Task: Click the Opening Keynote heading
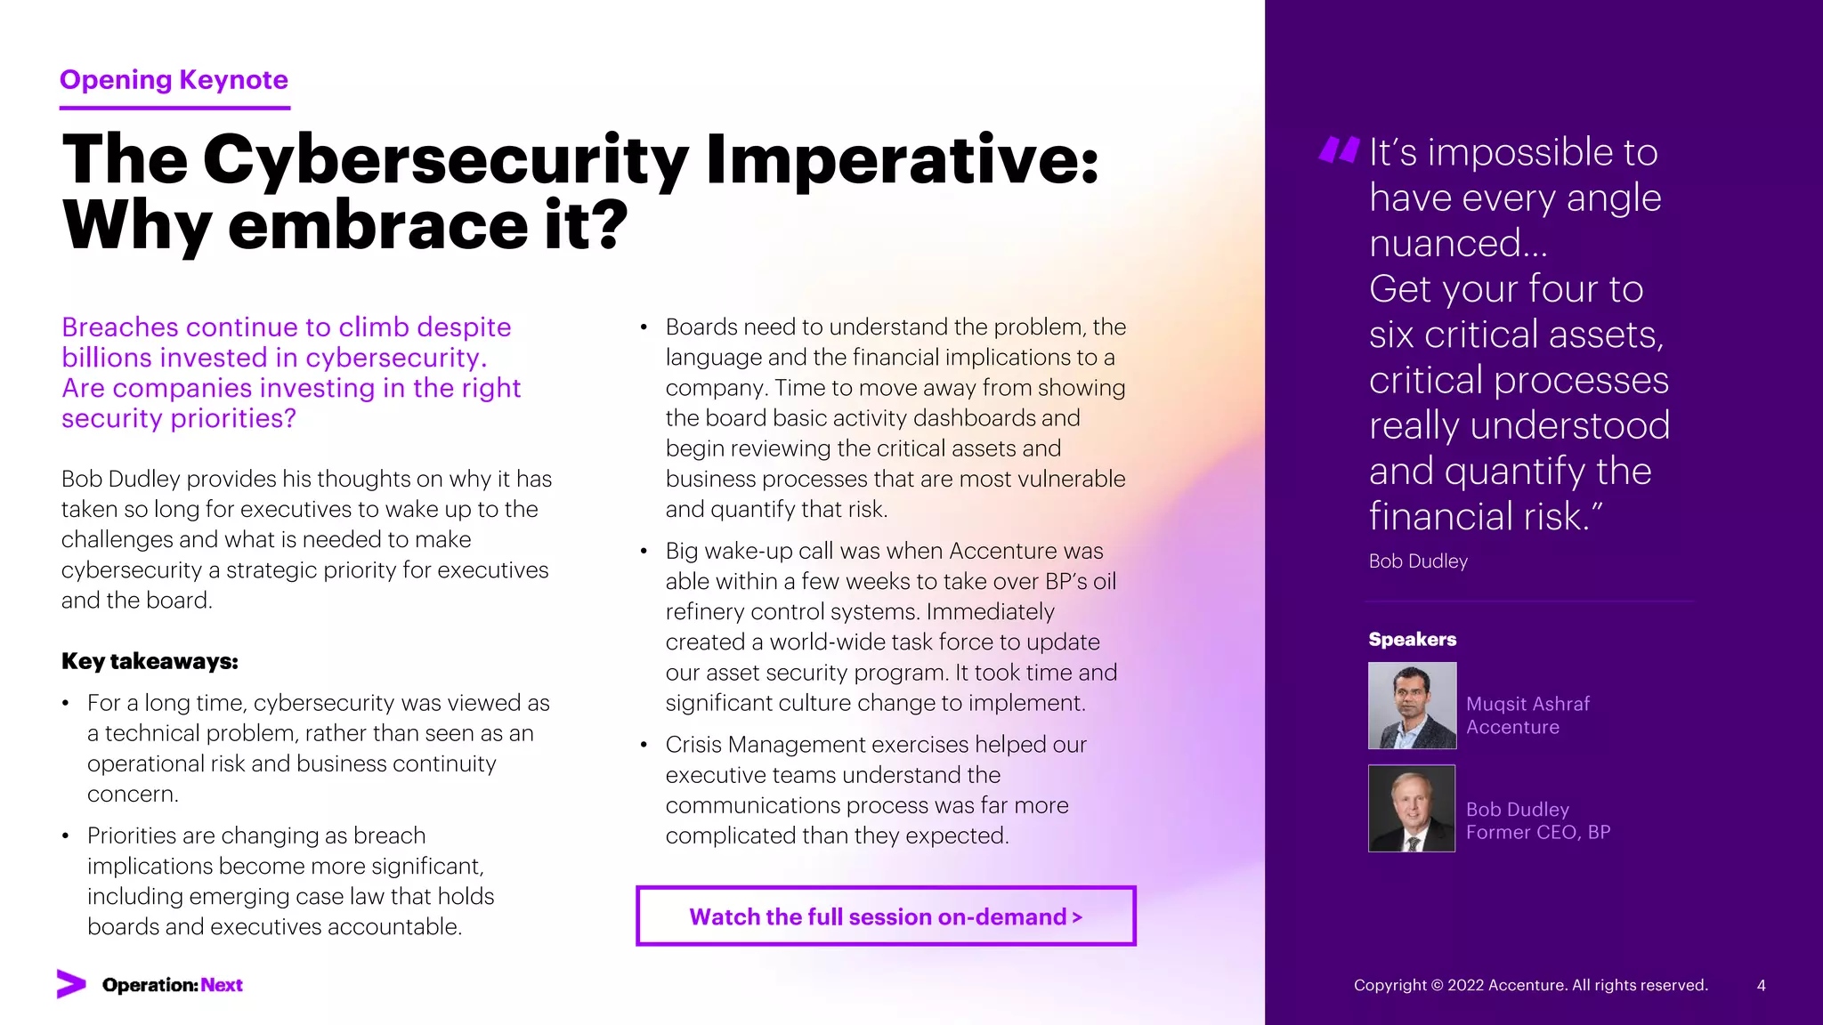[174, 80]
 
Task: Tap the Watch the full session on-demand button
[886, 916]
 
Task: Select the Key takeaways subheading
[150, 661]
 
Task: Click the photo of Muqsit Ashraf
[1412, 706]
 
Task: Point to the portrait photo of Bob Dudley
[1412, 809]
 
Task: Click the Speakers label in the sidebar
[1412, 640]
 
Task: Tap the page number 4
[1761, 985]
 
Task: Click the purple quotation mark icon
[1339, 149]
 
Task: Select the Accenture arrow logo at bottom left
[71, 984]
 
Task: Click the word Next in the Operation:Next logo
[222, 985]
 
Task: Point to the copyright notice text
[1530, 985]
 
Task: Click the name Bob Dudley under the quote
[1418, 561]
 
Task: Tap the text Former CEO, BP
[1537, 833]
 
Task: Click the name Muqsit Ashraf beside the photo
[1527, 704]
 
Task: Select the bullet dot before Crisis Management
[644, 745]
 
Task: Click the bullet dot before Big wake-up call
[644, 552]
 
